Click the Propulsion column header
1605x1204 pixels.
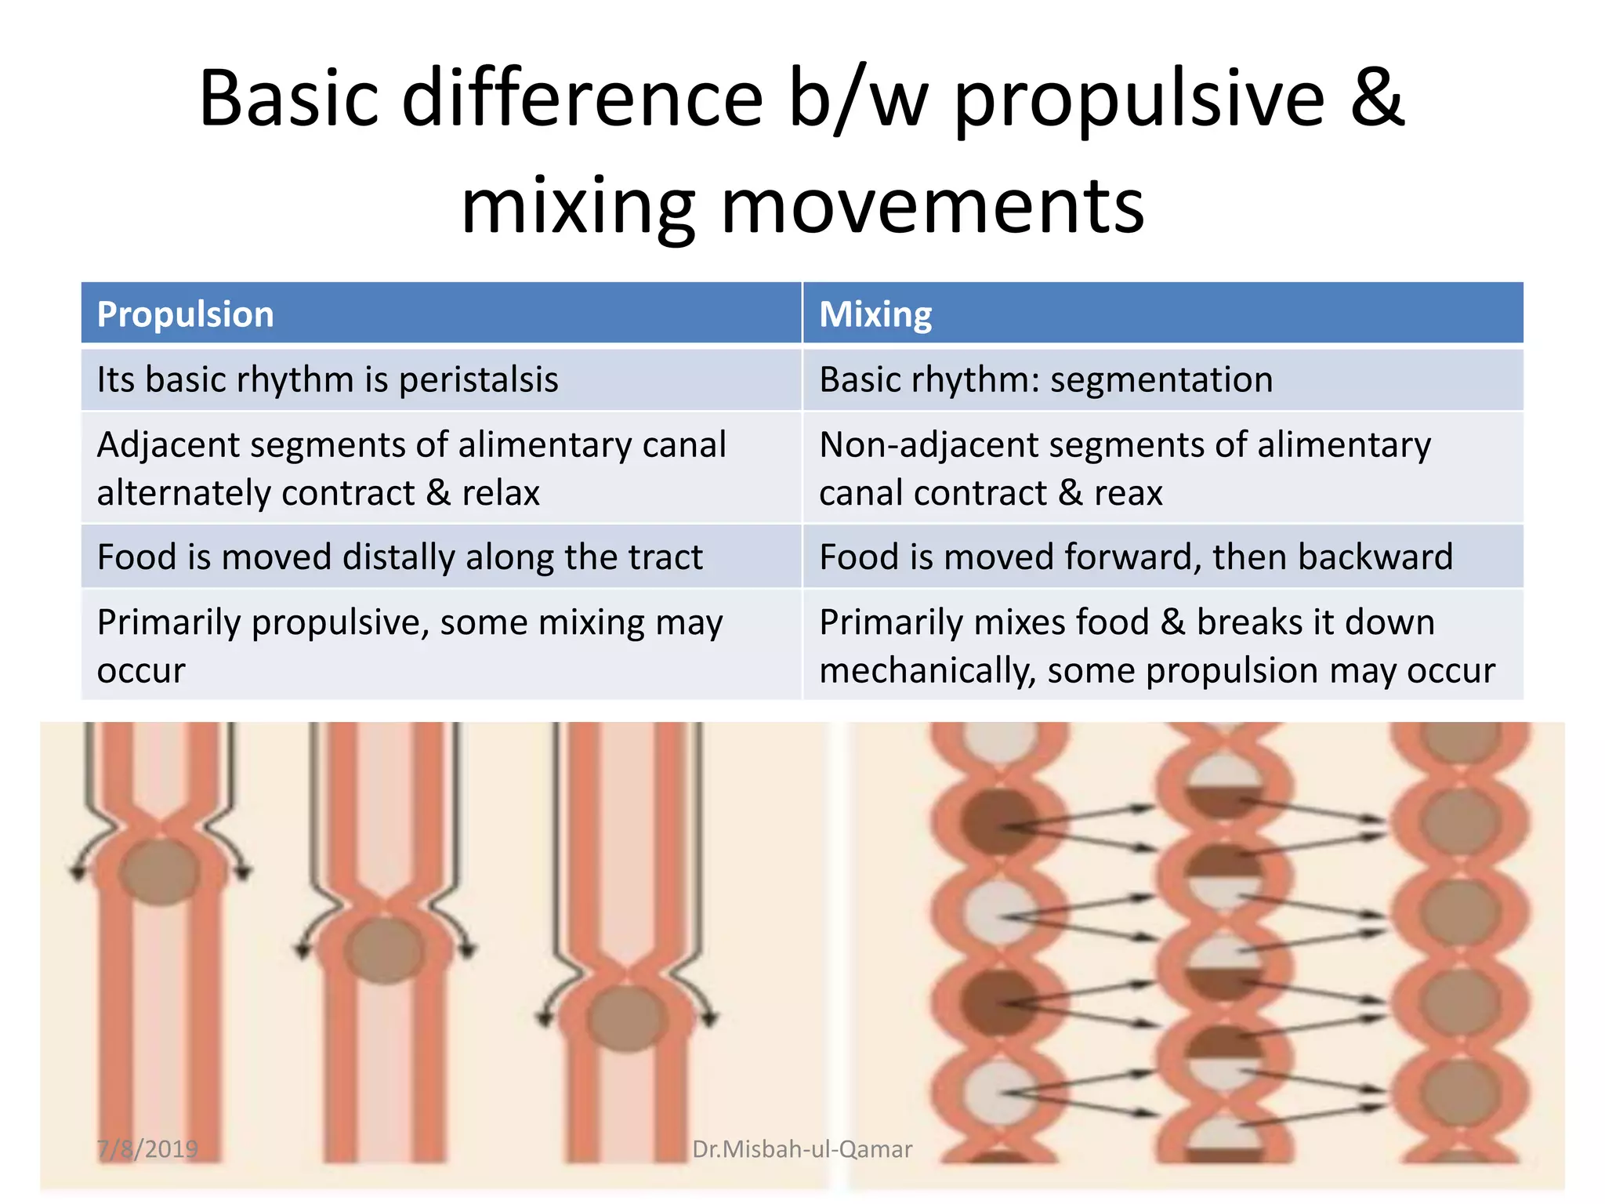click(x=185, y=314)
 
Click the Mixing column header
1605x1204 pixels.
click(x=875, y=314)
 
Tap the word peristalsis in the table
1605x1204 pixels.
click(x=478, y=380)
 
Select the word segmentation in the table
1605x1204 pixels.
click(x=1161, y=380)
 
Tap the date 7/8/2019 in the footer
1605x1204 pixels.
click(x=148, y=1149)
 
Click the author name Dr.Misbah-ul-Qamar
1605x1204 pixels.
click(x=802, y=1149)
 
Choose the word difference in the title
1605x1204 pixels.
click(x=582, y=98)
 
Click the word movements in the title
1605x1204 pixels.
click(x=933, y=205)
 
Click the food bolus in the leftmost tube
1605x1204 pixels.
click(x=161, y=872)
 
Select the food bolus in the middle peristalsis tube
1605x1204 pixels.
click(x=383, y=950)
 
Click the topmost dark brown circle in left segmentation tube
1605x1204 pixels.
click(x=998, y=821)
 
